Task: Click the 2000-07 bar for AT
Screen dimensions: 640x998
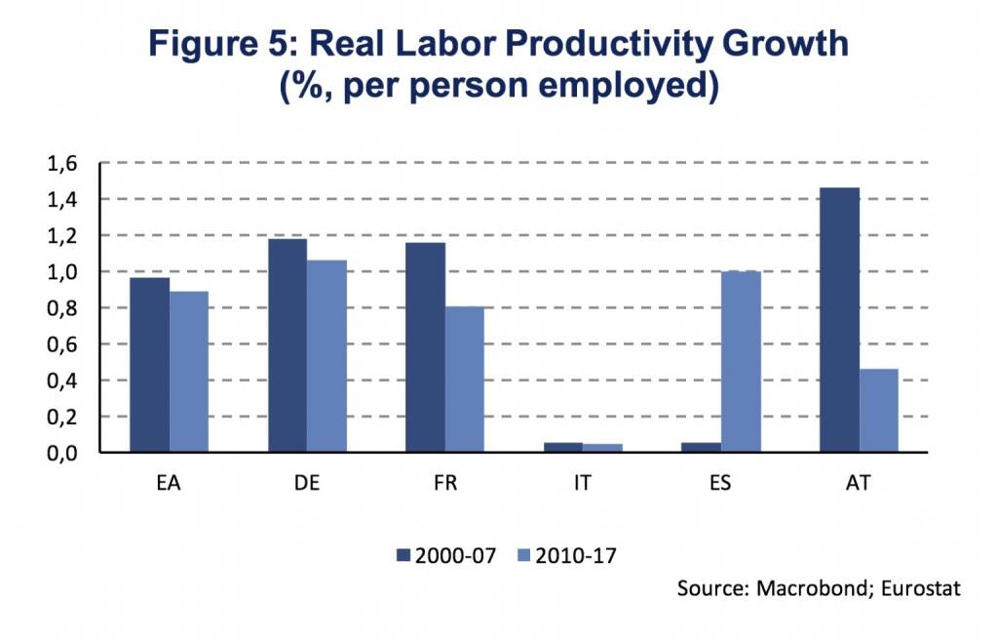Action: point(839,320)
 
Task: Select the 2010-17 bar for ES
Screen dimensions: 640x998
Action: point(740,362)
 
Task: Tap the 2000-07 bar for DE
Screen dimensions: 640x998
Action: point(288,345)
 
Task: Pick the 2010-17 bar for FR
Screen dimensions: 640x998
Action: point(464,380)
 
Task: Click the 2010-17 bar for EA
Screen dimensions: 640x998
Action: point(188,372)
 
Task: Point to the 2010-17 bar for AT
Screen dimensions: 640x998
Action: point(878,411)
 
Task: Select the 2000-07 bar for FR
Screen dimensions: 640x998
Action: point(425,347)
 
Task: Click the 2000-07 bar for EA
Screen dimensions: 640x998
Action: point(149,365)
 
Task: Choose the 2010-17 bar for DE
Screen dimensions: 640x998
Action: point(326,356)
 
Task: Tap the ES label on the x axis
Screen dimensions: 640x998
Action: point(720,484)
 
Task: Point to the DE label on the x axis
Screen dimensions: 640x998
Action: point(307,484)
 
